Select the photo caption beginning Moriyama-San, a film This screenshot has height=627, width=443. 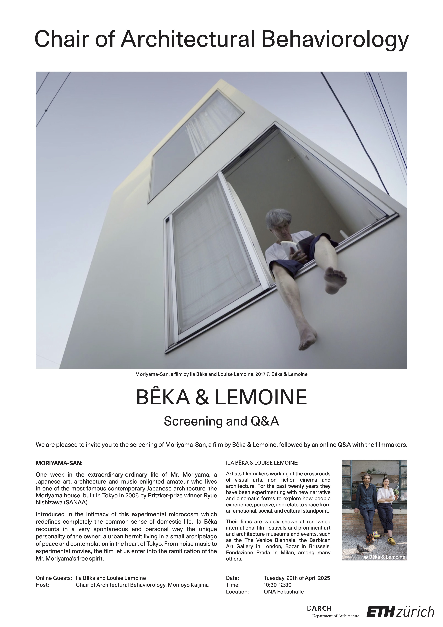[x=221, y=374]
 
